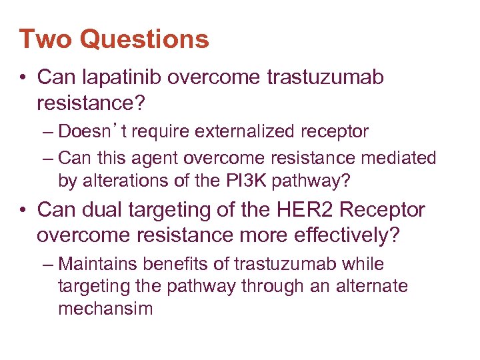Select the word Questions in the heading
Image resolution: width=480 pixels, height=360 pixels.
pyautogui.click(x=144, y=39)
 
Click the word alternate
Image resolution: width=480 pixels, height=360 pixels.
pyautogui.click(x=369, y=287)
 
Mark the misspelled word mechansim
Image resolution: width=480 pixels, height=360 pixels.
pyautogui.click(x=105, y=309)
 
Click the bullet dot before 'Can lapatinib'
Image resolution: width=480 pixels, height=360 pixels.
pyautogui.click(x=23, y=78)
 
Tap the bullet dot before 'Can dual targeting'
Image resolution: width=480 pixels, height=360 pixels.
pyautogui.click(x=23, y=210)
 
